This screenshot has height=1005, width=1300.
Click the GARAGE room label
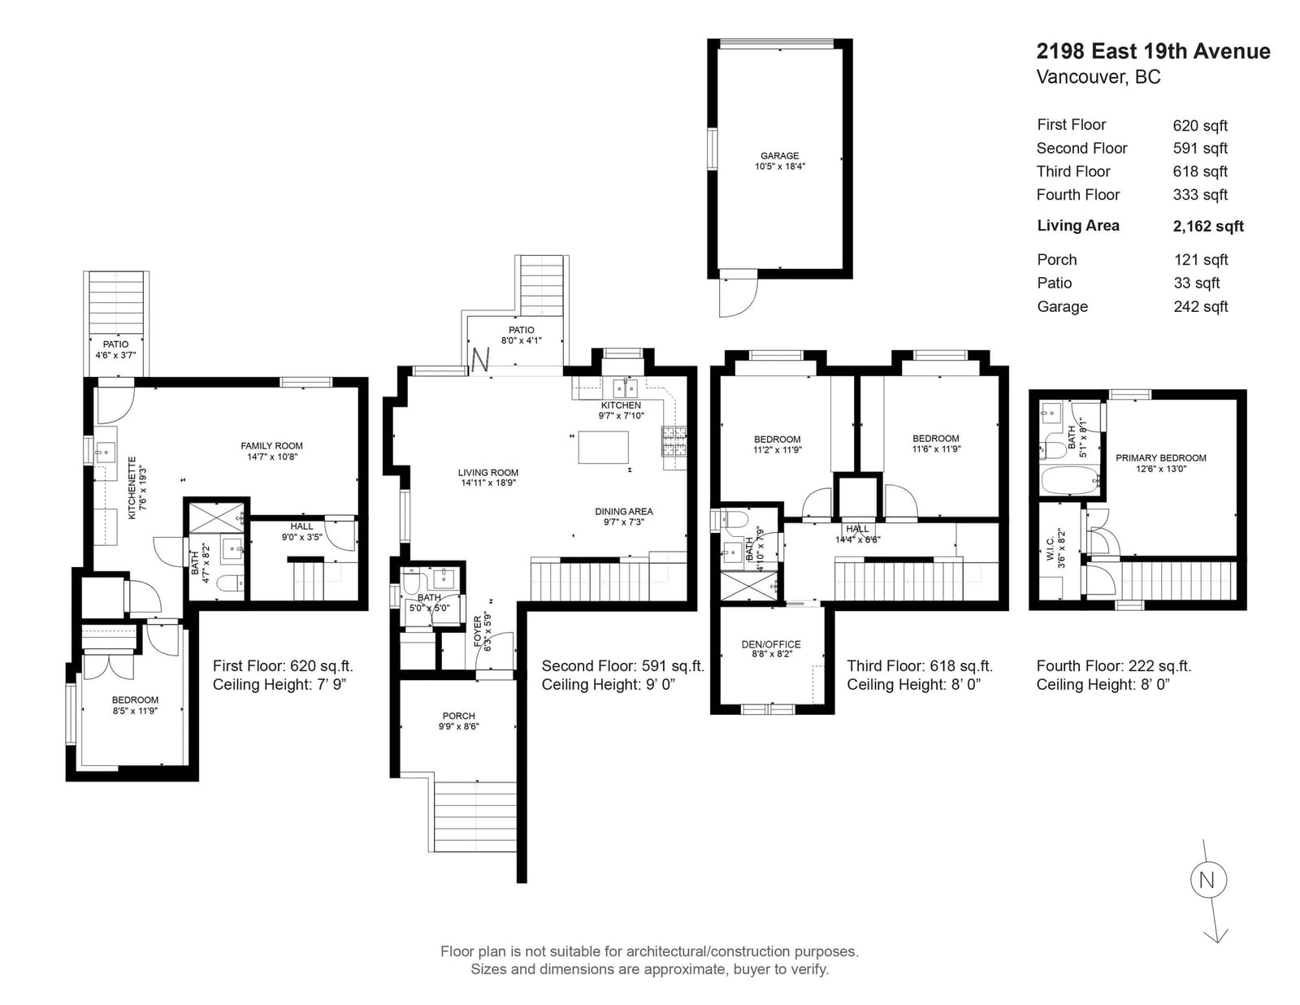[779, 155]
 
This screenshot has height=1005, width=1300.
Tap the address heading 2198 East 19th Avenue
[1153, 51]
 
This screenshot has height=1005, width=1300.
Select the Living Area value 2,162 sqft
[1208, 226]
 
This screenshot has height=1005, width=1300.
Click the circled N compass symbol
[1208, 880]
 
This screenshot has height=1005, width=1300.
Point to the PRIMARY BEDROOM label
[1160, 458]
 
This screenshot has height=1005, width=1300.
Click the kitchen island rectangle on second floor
[603, 448]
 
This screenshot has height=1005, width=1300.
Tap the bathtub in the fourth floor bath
[1071, 480]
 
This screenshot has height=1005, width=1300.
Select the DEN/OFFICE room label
[770, 644]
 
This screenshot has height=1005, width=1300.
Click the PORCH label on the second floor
[459, 716]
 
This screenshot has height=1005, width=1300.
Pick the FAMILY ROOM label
[271, 446]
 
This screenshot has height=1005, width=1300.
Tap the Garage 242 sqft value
[1201, 307]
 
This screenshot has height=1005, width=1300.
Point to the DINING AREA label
[623, 512]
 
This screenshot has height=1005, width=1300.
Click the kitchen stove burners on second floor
[674, 441]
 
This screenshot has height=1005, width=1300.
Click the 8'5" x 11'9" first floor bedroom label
[135, 711]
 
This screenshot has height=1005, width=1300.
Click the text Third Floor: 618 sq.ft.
[920, 666]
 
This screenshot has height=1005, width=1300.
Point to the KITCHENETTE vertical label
[132, 488]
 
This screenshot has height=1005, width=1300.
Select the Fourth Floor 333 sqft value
[1200, 195]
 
